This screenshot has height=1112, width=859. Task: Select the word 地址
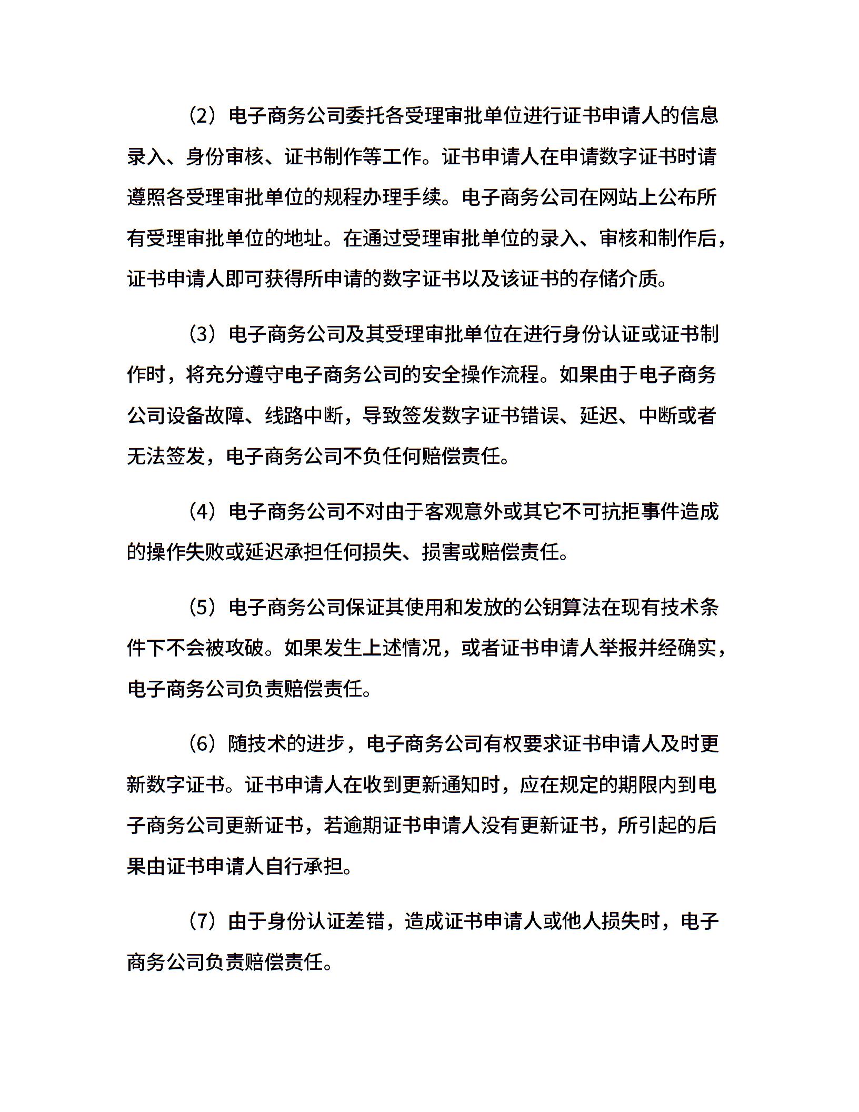(x=304, y=239)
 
